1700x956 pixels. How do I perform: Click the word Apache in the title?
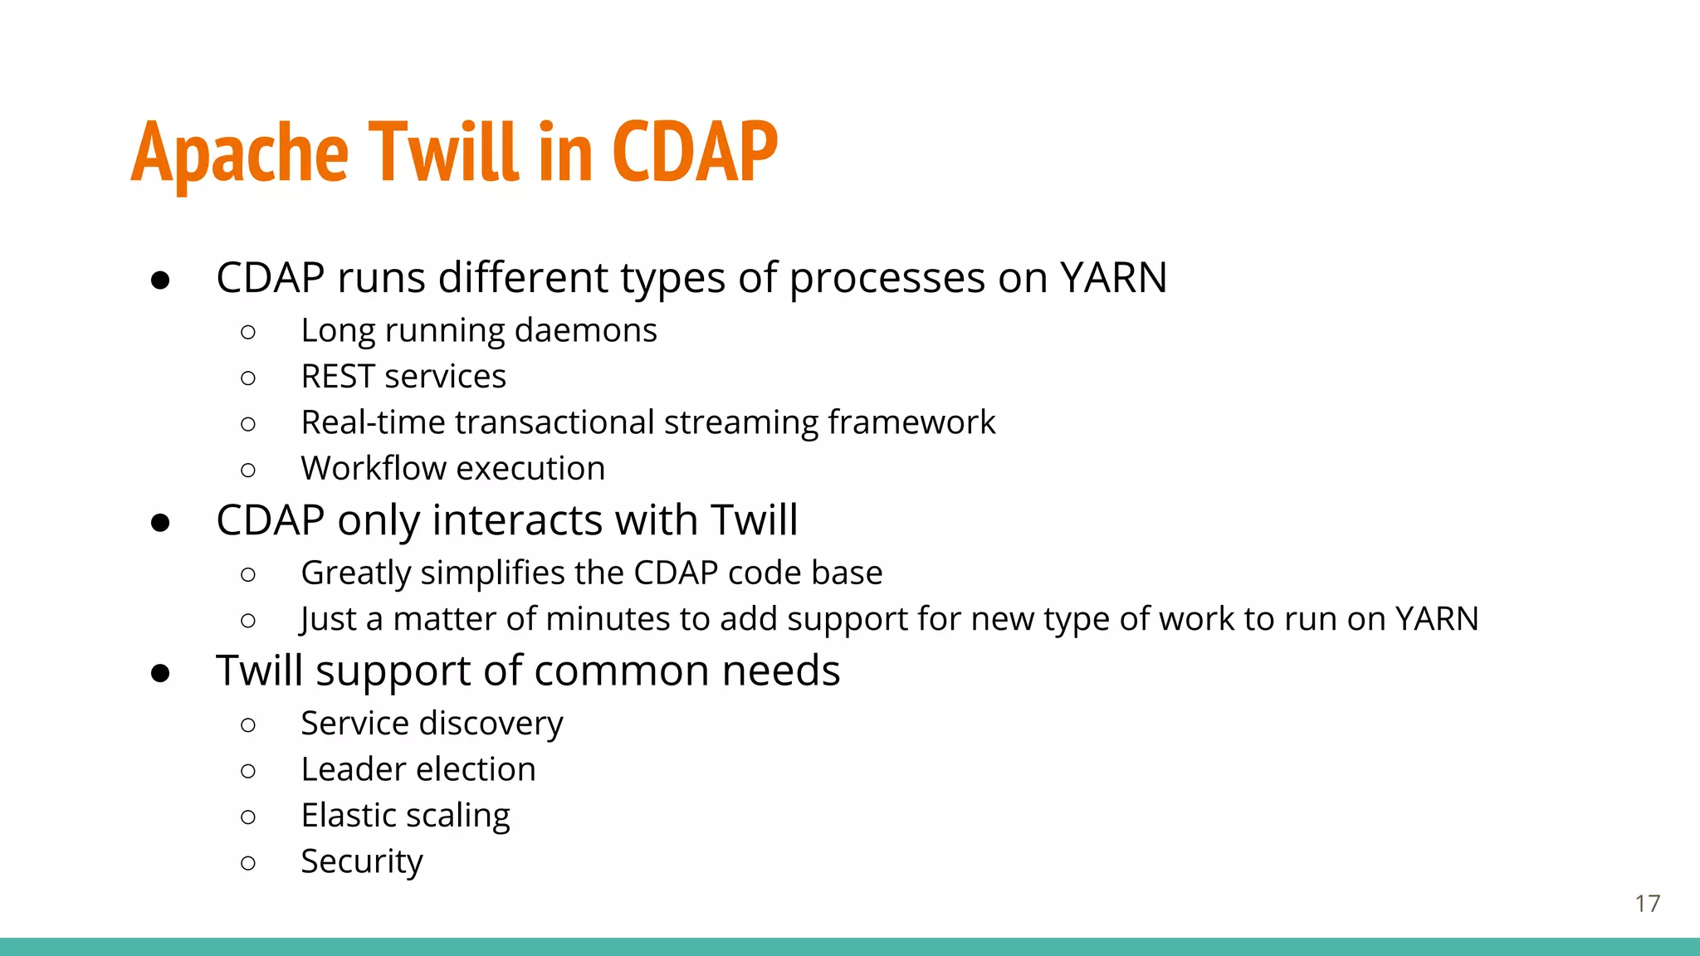tap(239, 154)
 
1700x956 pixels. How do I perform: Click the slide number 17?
tap(1647, 904)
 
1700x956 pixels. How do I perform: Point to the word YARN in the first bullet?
tap(1113, 278)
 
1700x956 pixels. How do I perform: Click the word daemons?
tap(585, 331)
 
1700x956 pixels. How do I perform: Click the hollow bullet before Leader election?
tap(247, 771)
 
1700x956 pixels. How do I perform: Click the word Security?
tap(361, 862)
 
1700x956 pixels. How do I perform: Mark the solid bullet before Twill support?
tap(160, 673)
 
